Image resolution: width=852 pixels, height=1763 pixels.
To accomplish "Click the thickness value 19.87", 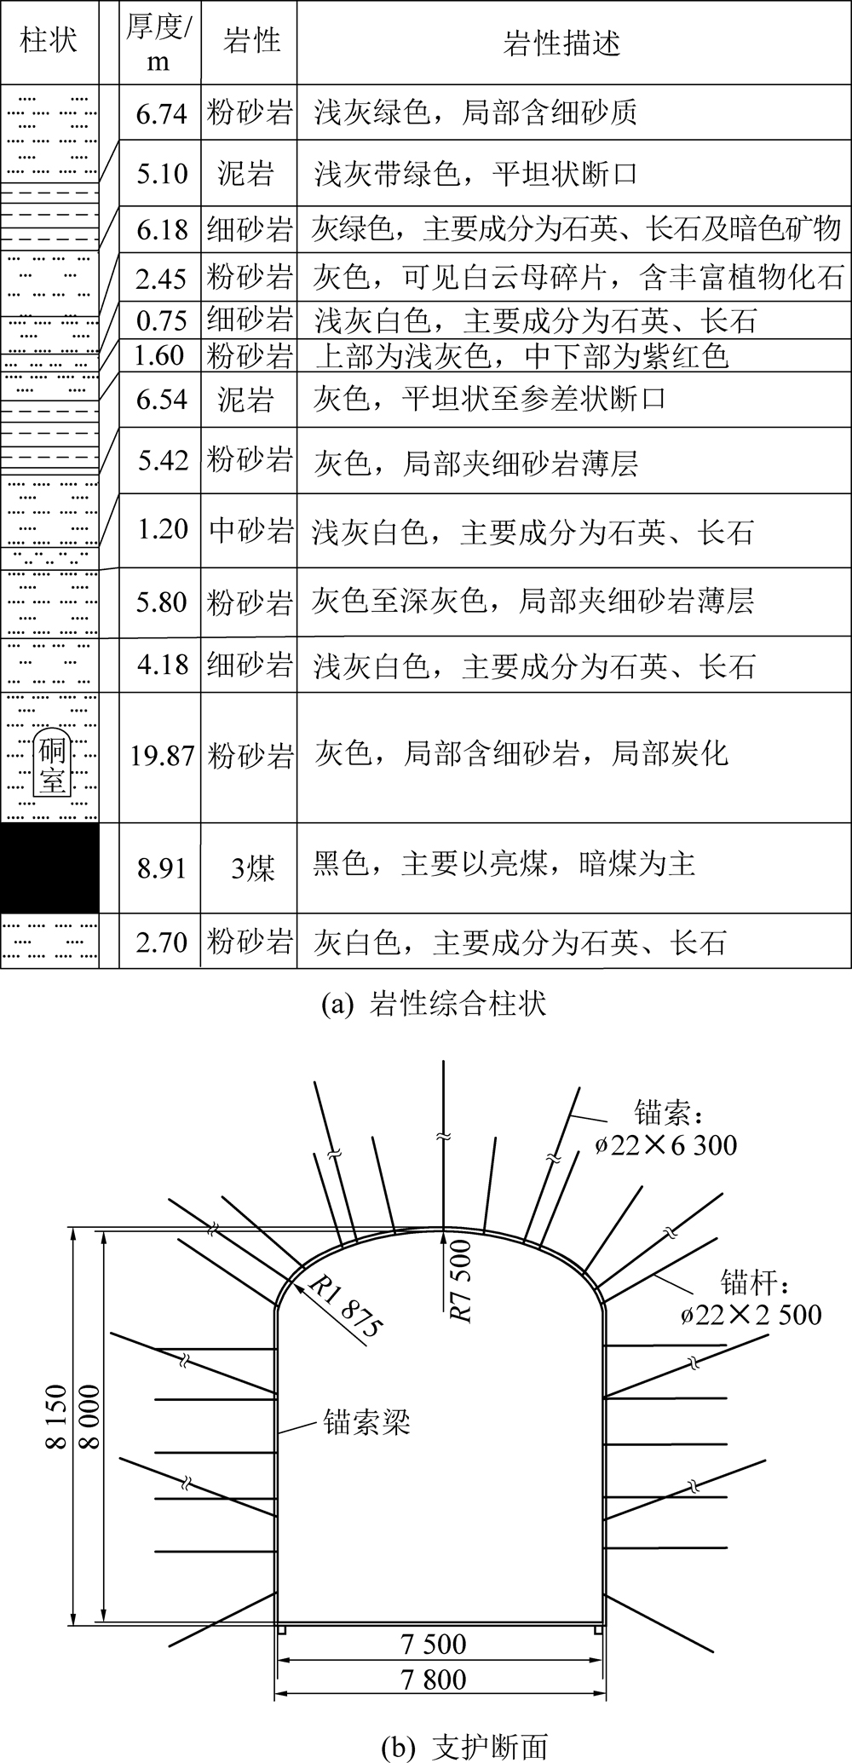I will tap(162, 756).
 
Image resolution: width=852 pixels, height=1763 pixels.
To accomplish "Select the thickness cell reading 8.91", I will tap(162, 868).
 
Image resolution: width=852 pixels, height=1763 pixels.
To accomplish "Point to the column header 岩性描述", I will tap(561, 43).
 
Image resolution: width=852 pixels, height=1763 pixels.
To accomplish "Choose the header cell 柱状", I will tap(49, 41).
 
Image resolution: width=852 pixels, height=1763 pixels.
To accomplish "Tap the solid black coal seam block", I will tap(49, 867).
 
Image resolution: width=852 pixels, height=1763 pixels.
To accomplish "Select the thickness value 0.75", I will tap(162, 320).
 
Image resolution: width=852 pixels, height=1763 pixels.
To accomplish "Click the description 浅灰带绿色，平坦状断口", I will tap(476, 175).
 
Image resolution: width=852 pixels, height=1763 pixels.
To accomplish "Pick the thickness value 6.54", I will tap(162, 399).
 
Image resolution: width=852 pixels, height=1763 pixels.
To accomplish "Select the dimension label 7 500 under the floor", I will tap(433, 1644).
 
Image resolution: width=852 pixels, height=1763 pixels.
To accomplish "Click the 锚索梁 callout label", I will tap(366, 1420).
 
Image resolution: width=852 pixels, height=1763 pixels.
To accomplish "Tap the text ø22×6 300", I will tap(666, 1144).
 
